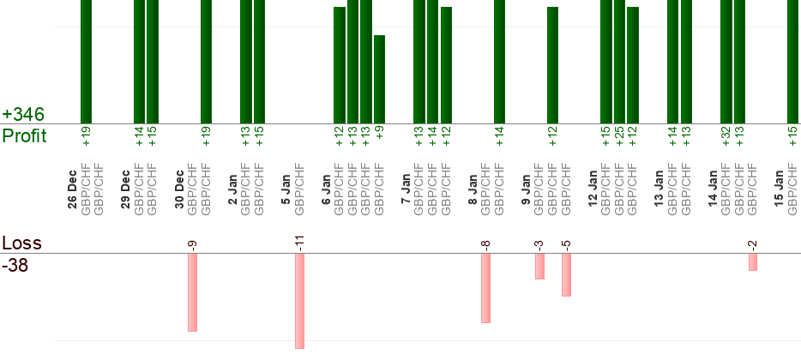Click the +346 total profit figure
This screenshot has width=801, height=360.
23,114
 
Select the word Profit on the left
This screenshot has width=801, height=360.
24,135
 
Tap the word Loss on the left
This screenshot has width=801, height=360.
21,244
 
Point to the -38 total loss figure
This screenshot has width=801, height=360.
15,266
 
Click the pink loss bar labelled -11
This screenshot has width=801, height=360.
299,300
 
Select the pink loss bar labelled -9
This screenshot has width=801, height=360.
193,291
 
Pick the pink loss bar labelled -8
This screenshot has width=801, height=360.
485,287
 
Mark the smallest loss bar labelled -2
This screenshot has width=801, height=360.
752,261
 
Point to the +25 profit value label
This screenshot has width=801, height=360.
619,135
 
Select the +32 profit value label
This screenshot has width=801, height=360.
726,135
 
